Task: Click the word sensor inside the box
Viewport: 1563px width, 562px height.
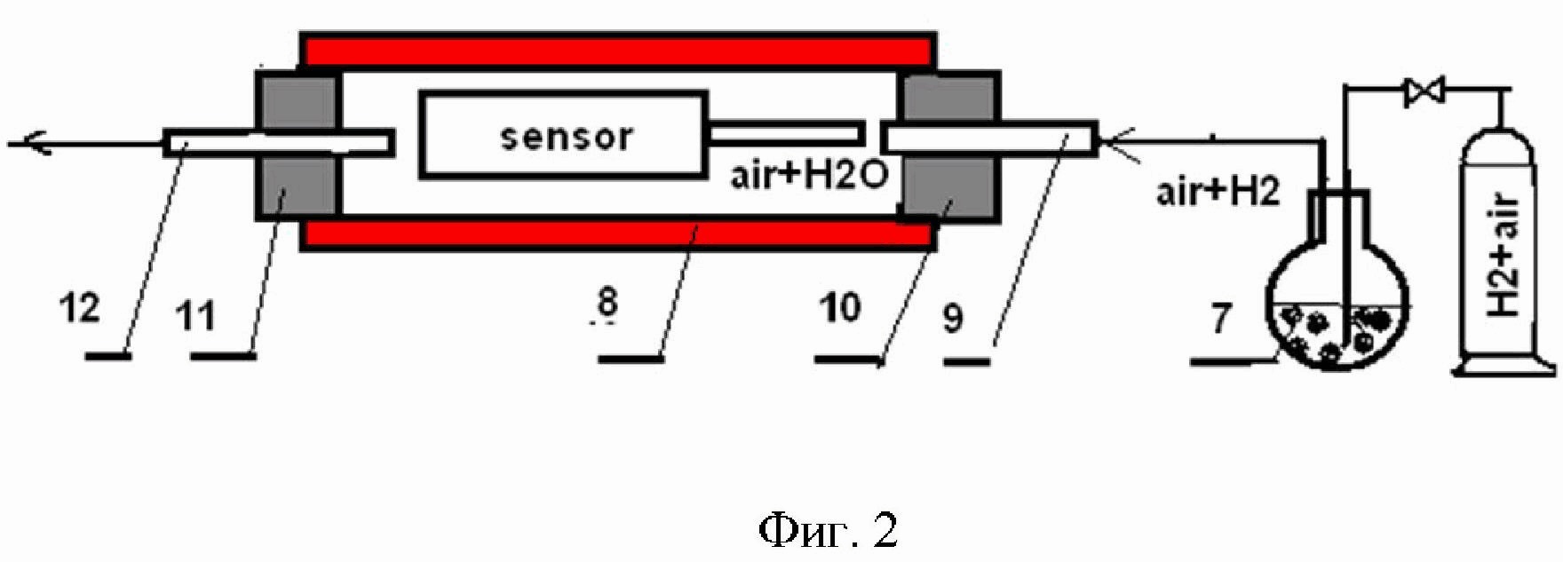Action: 566,137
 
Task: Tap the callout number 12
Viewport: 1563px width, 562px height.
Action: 80,309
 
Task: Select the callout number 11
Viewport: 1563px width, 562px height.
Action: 195,314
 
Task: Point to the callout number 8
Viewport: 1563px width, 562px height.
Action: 607,303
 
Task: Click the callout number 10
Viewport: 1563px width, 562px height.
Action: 840,307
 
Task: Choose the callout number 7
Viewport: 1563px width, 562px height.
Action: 1222,318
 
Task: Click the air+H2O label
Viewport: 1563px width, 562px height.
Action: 808,175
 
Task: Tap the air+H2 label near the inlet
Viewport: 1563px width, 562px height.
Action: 1218,191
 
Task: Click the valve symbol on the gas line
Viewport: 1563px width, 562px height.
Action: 1424,91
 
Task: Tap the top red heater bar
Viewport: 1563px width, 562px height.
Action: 617,50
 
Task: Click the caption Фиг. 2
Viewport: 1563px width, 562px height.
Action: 828,530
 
